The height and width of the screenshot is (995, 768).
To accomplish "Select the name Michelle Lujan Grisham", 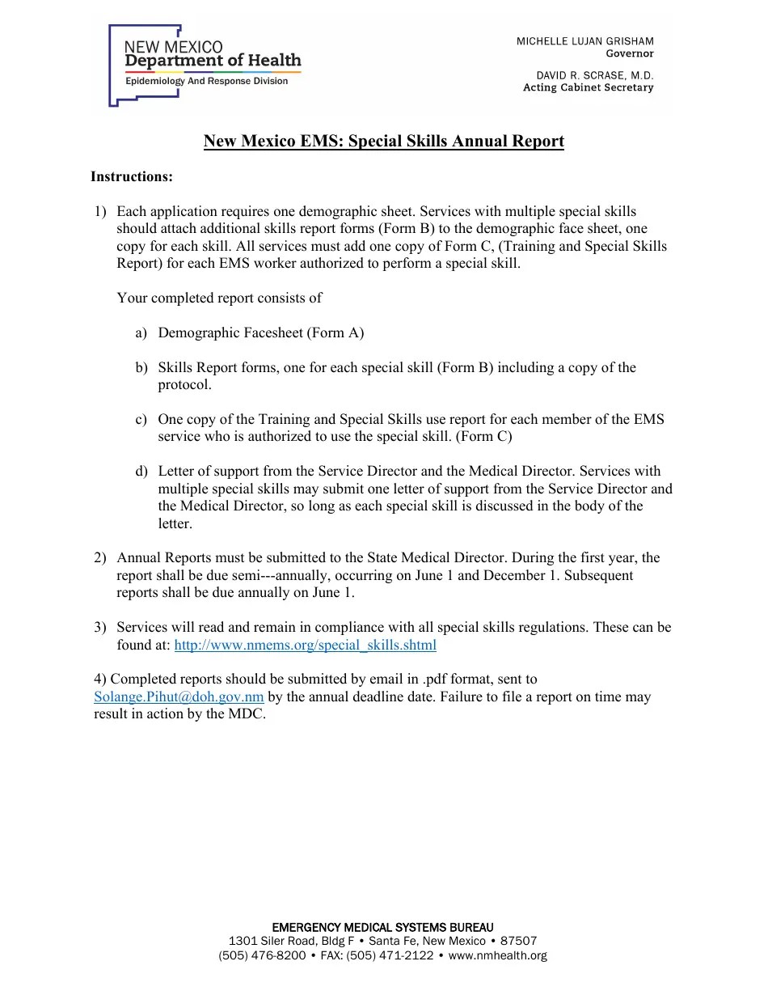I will click(585, 41).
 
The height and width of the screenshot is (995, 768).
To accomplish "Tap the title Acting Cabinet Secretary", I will click(588, 87).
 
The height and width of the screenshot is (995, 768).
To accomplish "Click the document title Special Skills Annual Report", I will click(383, 141).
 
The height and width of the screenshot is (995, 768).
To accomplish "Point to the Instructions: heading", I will click(132, 176).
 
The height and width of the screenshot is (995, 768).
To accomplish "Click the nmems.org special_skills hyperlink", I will click(305, 645).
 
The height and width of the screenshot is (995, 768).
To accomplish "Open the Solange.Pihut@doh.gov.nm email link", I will click(179, 696).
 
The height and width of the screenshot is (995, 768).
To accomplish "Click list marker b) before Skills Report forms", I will click(141, 367).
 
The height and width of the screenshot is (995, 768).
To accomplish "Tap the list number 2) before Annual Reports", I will click(100, 557).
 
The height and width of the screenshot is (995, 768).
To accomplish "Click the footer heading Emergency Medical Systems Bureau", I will click(382, 927).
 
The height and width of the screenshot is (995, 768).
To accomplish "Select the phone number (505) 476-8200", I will click(262, 955).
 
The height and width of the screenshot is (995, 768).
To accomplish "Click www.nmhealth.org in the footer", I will click(497, 955).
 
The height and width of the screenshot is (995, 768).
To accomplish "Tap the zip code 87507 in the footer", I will click(518, 941).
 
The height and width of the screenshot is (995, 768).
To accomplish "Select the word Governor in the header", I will click(630, 53).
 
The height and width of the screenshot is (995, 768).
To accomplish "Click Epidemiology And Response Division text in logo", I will click(206, 81).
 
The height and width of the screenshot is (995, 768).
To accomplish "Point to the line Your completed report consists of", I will click(219, 298).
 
